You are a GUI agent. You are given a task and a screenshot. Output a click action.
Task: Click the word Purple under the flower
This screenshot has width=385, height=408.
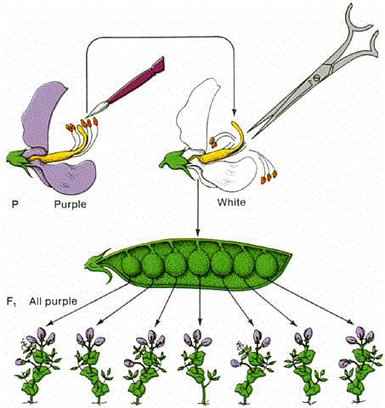coord(70,204)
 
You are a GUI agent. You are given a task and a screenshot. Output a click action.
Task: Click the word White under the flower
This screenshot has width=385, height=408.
coord(231,202)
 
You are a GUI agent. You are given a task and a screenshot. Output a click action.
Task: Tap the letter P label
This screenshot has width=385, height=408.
coord(15,204)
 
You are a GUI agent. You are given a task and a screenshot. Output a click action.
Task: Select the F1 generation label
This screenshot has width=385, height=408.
coord(11,301)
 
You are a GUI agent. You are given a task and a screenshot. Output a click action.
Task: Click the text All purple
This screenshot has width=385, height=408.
coord(53,301)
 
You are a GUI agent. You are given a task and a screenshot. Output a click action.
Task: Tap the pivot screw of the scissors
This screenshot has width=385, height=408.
coord(317,76)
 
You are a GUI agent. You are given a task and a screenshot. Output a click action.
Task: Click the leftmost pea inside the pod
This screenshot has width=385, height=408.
coord(131,265)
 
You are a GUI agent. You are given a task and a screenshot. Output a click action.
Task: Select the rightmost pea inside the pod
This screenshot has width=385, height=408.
coord(267,265)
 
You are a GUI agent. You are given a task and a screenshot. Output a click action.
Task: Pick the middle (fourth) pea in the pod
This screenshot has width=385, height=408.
coord(199,263)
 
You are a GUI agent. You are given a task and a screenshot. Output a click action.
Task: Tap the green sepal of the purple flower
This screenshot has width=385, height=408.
coord(18,160)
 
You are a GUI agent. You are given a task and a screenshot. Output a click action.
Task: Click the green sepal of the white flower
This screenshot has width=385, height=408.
coord(175,162)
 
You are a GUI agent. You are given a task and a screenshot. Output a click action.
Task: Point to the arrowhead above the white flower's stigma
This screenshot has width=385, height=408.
coord(234,113)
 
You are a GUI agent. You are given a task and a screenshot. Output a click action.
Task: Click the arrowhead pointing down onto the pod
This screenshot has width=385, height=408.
coord(198,232)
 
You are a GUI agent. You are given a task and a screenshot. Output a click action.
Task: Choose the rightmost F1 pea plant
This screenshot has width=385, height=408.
coord(360,365)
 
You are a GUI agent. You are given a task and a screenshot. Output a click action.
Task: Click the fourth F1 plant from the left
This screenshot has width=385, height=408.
coord(199,366)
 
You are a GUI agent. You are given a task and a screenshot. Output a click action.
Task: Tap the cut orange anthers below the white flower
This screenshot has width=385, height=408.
coord(269,176)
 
